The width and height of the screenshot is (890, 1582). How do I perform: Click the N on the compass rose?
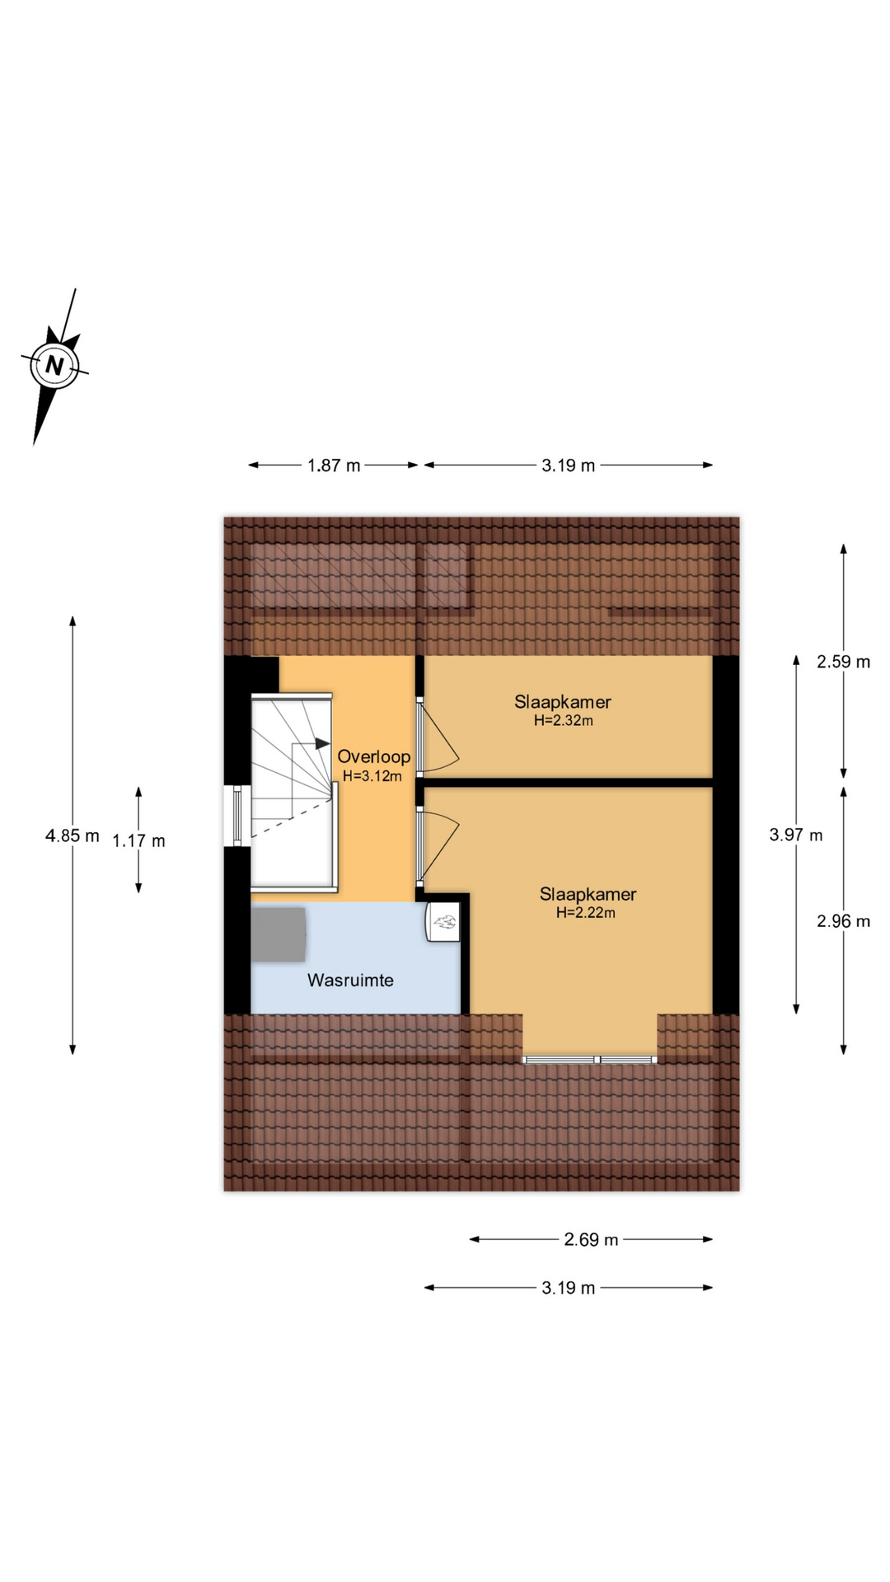click(x=54, y=365)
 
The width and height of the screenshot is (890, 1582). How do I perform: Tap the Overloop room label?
click(x=373, y=756)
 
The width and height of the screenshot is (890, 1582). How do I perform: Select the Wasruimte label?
click(x=350, y=980)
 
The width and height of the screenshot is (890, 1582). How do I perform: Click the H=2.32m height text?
click(x=564, y=720)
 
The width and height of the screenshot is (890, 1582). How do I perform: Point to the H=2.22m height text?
click(x=585, y=912)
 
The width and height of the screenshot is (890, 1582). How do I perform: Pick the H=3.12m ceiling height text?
click(x=372, y=775)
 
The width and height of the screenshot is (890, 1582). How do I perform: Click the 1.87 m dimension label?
click(x=334, y=466)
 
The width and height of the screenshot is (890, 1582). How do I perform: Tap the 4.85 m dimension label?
click(x=73, y=835)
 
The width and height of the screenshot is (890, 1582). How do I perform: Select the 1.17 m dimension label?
click(x=138, y=840)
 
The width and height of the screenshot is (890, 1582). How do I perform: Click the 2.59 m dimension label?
click(x=843, y=662)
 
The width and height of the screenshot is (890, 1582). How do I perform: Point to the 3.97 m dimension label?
click(x=796, y=835)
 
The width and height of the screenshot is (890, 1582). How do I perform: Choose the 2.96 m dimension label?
click(x=843, y=921)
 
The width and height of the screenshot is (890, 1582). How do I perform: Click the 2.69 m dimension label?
click(x=591, y=1239)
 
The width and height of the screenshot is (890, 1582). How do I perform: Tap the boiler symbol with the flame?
click(x=443, y=921)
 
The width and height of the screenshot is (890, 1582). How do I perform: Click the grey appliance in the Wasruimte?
click(x=279, y=934)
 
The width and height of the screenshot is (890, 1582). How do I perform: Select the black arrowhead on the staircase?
click(x=323, y=743)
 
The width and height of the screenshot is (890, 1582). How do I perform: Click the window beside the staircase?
click(x=237, y=816)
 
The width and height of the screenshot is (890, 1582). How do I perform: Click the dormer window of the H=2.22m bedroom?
click(x=590, y=1059)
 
